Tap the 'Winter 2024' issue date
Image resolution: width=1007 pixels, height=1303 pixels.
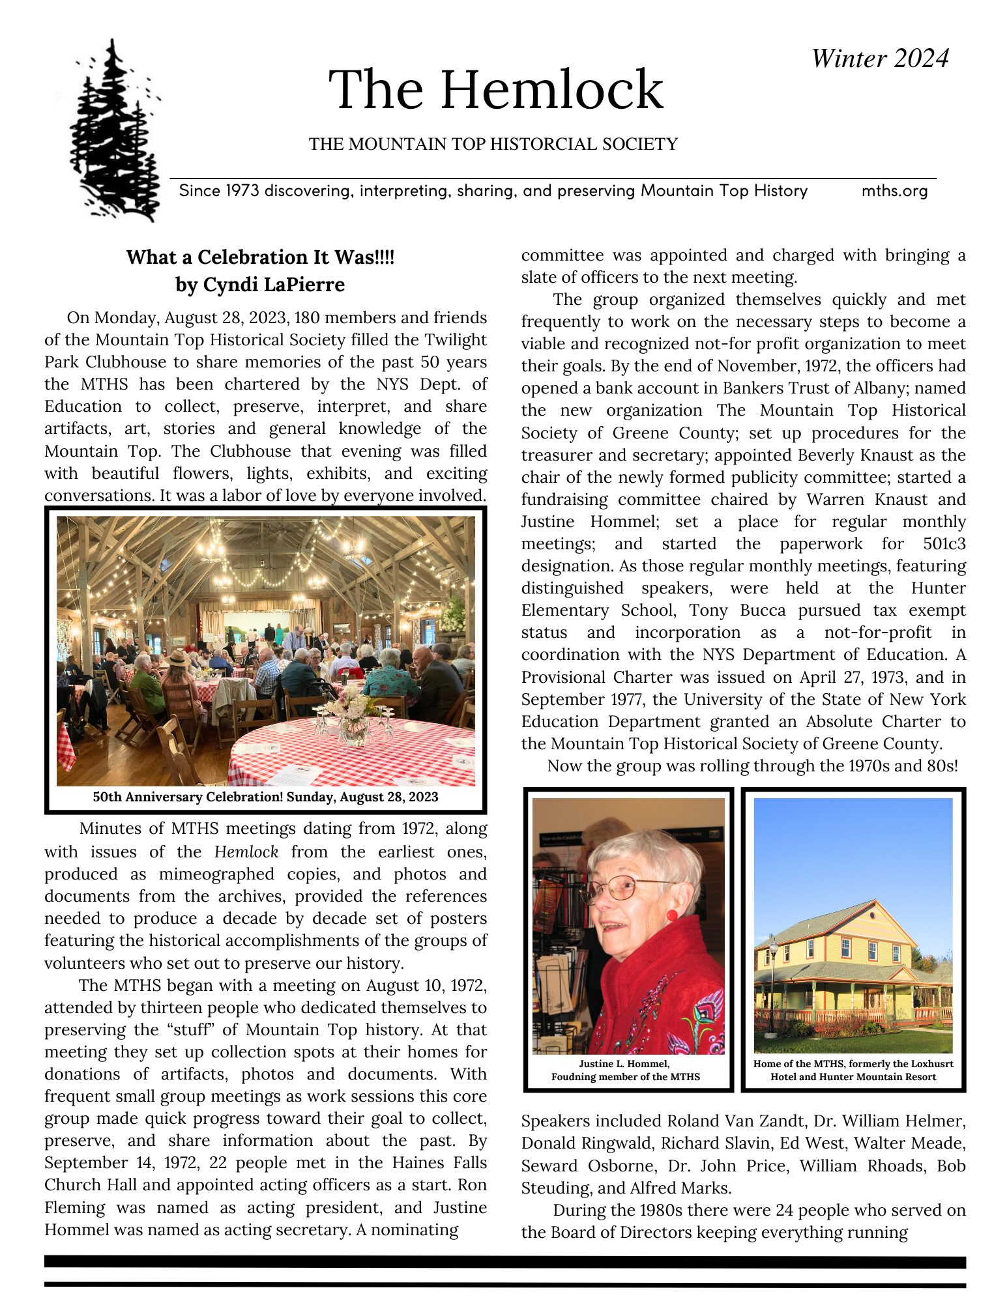tap(879, 59)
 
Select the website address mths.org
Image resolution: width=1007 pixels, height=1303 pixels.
tap(894, 191)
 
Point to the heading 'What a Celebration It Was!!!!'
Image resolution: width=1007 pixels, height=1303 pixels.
tap(260, 257)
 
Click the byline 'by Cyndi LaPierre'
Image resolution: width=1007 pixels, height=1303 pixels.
tap(260, 285)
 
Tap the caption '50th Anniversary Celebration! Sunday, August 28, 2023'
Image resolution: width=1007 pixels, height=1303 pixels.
tap(265, 797)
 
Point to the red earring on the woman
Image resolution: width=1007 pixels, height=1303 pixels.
tap(672, 915)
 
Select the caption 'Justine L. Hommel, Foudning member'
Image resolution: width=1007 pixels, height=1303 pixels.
tap(625, 1070)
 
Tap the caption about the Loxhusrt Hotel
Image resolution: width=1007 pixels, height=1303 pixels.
tap(853, 1070)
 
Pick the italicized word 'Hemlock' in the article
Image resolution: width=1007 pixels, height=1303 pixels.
tap(246, 852)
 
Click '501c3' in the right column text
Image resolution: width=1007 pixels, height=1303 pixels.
tap(944, 544)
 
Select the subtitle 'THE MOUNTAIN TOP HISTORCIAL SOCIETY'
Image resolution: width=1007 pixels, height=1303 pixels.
tap(493, 144)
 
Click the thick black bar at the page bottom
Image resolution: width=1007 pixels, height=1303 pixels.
tap(504, 1262)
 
